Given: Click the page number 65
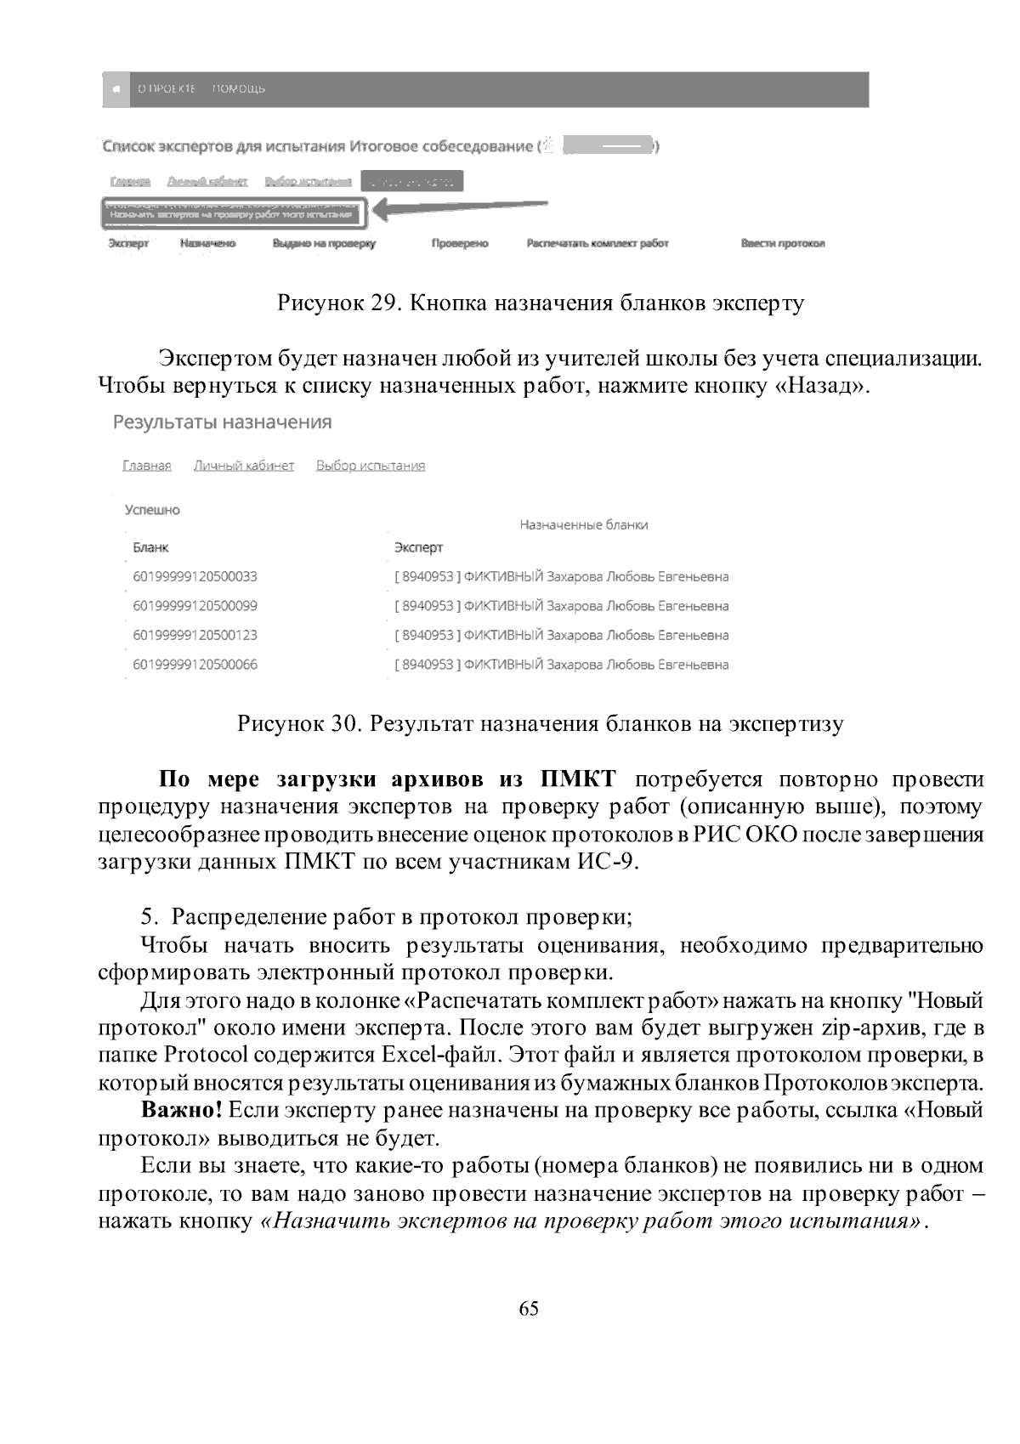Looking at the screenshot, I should (x=528, y=1309).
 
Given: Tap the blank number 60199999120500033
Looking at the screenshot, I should (x=195, y=576).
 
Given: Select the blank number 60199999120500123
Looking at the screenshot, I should (x=195, y=635).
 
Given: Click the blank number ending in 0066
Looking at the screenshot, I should (x=195, y=665).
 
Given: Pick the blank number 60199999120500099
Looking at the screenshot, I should (x=195, y=606).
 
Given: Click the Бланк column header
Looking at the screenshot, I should (x=150, y=547).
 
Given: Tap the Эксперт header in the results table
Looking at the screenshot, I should (x=418, y=547).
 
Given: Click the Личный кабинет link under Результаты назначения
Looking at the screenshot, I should (x=244, y=466).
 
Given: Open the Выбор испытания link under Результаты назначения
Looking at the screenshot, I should (x=371, y=466).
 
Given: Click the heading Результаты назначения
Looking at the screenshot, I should (x=222, y=422).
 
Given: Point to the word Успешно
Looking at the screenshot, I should (x=152, y=510).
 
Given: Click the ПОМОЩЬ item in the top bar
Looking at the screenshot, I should (x=238, y=89).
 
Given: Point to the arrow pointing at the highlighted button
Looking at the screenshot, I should (x=459, y=208).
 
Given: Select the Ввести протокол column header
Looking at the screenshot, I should (x=783, y=244).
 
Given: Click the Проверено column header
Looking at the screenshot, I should (x=460, y=244).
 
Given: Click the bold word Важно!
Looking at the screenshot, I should (x=182, y=1110).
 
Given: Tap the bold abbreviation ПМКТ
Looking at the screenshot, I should (x=577, y=779).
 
